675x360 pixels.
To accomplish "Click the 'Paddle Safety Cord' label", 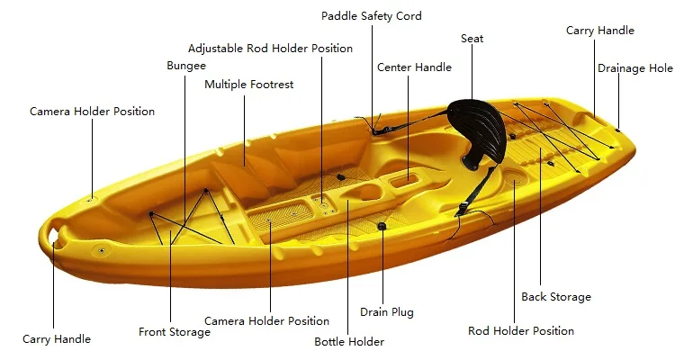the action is click(x=371, y=16).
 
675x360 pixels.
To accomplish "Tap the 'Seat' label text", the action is click(x=472, y=39).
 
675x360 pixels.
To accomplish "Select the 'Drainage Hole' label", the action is click(x=634, y=68).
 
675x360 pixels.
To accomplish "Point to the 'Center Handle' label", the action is click(x=414, y=67).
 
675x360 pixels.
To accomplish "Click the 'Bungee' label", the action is click(x=186, y=66).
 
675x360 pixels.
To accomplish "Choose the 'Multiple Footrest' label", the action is click(x=248, y=85).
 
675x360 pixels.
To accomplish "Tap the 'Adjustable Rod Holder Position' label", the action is click(x=270, y=49).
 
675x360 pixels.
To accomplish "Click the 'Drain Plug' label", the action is click(x=386, y=312).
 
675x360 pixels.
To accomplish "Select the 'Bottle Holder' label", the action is click(x=349, y=342).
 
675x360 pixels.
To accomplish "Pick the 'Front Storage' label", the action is click(x=175, y=332).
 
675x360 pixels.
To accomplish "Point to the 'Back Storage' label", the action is click(x=556, y=297).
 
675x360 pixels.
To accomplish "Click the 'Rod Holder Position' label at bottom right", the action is click(x=520, y=331).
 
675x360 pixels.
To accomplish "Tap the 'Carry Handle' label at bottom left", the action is click(x=57, y=339).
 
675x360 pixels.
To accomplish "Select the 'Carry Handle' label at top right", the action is click(x=599, y=31).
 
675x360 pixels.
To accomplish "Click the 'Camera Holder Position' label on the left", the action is click(x=92, y=112).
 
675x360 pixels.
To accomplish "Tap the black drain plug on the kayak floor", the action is click(x=382, y=226).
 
